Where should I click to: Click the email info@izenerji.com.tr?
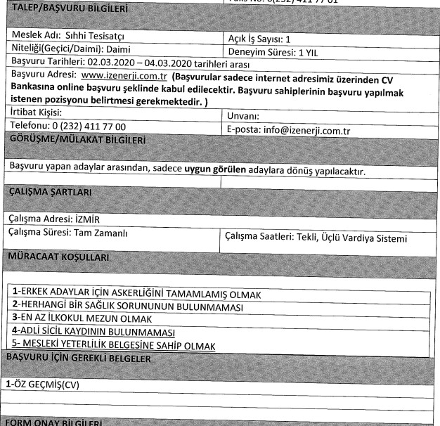(x=310, y=130)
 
